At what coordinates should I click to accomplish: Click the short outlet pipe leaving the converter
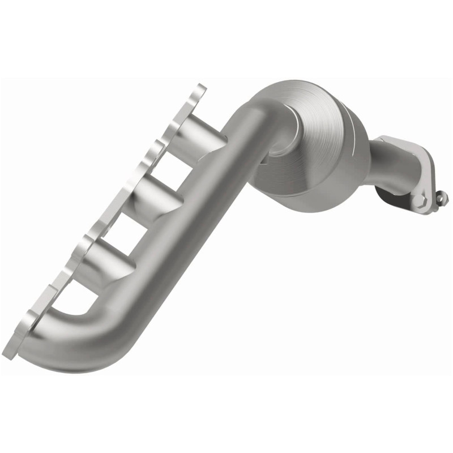coord(391,164)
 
